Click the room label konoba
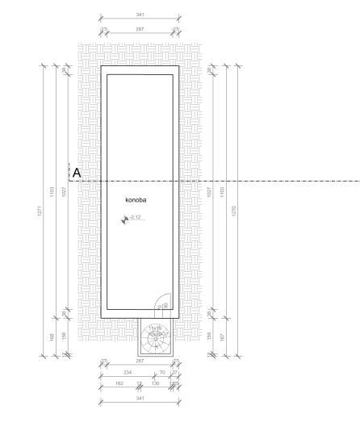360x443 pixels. click(x=135, y=199)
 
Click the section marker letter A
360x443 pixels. click(x=77, y=173)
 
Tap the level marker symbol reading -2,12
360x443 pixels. click(x=124, y=219)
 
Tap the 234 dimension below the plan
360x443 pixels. click(x=127, y=372)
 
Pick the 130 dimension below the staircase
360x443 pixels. click(x=157, y=382)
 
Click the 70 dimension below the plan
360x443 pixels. click(x=163, y=372)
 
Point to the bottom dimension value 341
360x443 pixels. click(x=140, y=397)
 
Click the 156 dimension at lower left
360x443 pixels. click(x=65, y=333)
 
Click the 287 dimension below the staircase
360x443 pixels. click(x=140, y=362)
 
